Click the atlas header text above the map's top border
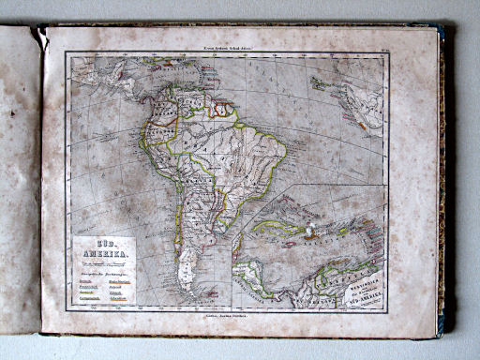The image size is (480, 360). click(226, 44)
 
